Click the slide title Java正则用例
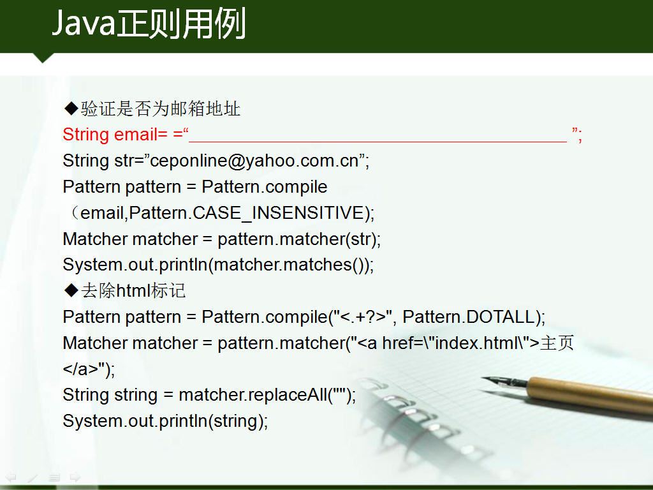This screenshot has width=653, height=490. point(149,24)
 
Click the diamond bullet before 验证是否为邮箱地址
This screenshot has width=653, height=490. point(71,108)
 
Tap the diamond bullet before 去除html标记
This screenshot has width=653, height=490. point(71,290)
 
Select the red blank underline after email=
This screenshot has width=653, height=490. point(378,142)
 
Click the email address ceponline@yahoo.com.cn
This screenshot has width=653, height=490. point(254,161)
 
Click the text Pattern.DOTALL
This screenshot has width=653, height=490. point(469,317)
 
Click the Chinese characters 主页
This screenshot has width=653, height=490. point(557,343)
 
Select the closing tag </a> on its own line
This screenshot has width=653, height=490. point(80,369)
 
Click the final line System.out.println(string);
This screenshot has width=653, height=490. point(165,421)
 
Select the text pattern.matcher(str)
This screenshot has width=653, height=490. point(297,239)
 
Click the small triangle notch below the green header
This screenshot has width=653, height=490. point(42,57)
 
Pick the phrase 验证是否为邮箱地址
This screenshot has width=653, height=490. point(160,108)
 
